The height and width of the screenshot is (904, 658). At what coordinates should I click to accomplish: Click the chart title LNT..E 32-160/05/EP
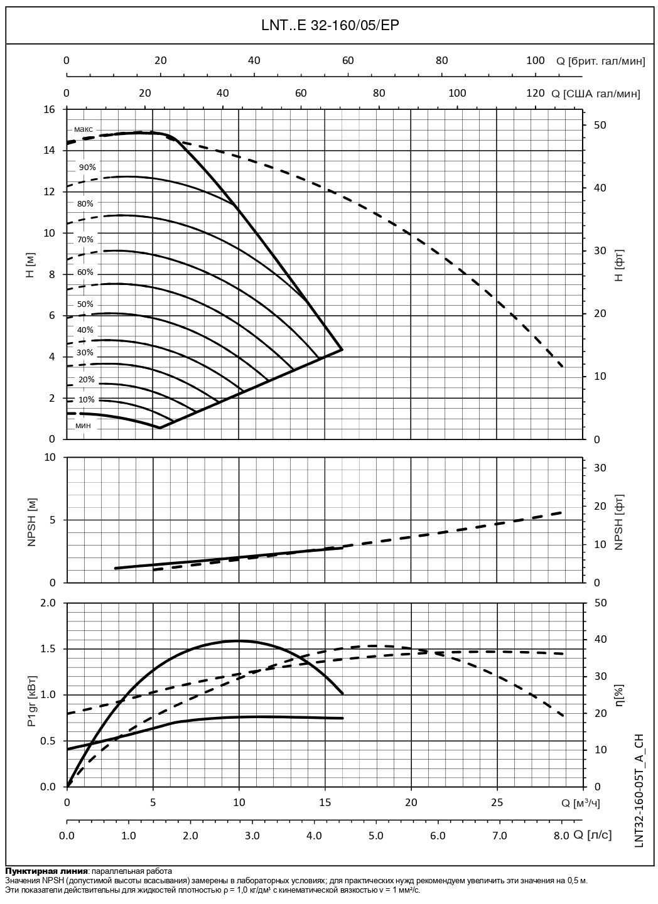pos(330,25)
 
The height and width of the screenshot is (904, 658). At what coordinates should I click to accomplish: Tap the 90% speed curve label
pos(87,168)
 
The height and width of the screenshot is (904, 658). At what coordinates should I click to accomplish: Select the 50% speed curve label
pos(85,304)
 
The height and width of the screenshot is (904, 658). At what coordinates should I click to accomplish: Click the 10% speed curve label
pos(87,399)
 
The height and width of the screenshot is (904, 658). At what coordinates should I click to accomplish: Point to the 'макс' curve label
pos(83,129)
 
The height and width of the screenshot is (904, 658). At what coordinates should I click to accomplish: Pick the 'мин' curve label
pos(83,426)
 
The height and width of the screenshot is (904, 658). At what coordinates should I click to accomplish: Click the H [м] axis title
pos(30,274)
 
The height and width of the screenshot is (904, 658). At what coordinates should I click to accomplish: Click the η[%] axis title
pos(619,695)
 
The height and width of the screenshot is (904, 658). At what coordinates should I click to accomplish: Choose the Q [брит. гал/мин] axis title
pos(600,61)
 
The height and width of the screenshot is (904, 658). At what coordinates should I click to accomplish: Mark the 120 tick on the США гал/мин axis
pos(535,94)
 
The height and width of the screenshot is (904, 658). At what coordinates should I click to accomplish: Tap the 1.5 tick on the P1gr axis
pos(48,649)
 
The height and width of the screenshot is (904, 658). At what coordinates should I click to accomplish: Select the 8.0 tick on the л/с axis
pos(561,836)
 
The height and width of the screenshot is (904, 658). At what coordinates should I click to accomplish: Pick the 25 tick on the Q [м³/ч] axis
pos(497,803)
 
